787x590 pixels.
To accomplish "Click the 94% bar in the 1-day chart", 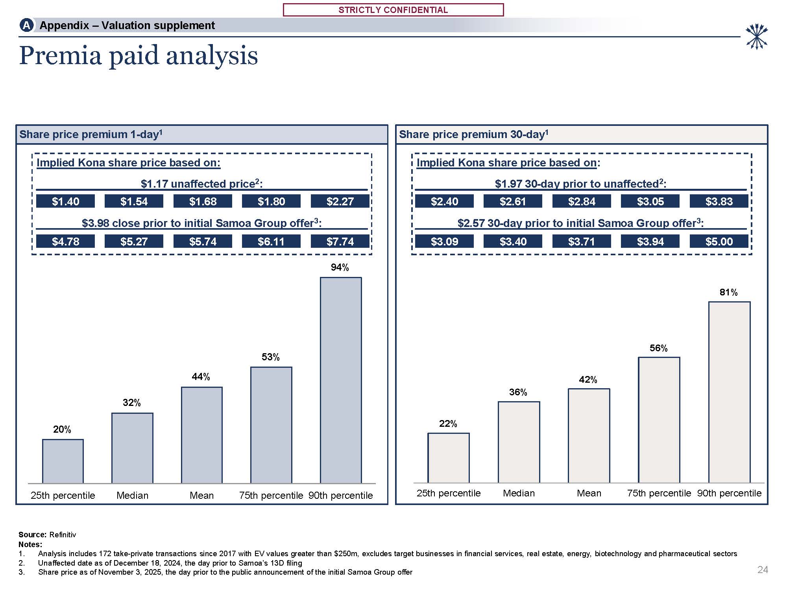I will coord(341,380).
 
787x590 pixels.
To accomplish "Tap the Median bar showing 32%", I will coord(132,448).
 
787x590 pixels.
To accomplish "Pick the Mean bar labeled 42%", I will coord(589,436).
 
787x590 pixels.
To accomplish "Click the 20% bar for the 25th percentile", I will coord(63,461).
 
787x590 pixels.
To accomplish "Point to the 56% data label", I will coord(658,348).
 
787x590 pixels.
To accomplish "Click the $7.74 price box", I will coord(340,241).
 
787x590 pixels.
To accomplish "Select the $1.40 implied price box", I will coord(65,201).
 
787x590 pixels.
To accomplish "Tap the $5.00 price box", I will coord(719,241).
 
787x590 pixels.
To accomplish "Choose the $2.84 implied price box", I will coord(582,201).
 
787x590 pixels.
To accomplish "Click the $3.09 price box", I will coord(444,241).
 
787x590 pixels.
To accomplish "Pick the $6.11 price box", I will coord(271,241).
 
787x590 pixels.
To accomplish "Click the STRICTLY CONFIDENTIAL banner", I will coord(393,10).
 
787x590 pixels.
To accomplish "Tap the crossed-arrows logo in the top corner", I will coord(756,37).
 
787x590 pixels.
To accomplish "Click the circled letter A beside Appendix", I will coord(26,26).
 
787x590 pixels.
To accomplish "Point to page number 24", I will coord(763,570).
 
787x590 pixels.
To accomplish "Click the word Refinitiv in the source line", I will coord(63,535).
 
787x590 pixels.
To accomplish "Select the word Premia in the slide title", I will coord(61,55).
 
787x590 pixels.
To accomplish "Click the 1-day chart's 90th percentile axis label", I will coord(340,495).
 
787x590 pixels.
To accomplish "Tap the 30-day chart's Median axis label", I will coord(519,493).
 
